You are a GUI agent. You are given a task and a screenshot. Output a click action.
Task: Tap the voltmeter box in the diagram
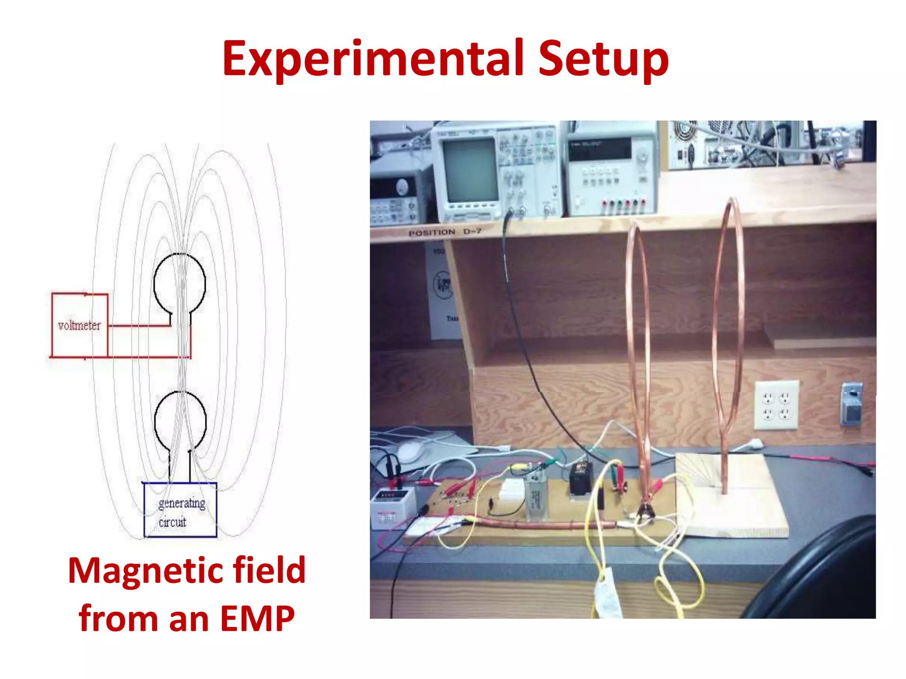point(80,325)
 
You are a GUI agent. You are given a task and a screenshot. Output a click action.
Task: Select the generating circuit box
point(180,510)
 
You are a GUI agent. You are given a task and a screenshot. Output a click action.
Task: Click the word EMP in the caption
point(257,619)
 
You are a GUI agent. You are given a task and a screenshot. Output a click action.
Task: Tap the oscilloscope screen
point(470,170)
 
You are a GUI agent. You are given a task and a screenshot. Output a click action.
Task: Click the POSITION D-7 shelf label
point(444,232)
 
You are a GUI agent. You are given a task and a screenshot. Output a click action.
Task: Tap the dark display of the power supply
point(599,149)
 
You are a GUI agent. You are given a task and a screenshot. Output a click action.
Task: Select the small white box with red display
point(392,507)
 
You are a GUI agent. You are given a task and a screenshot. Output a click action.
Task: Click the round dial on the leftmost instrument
point(402,187)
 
